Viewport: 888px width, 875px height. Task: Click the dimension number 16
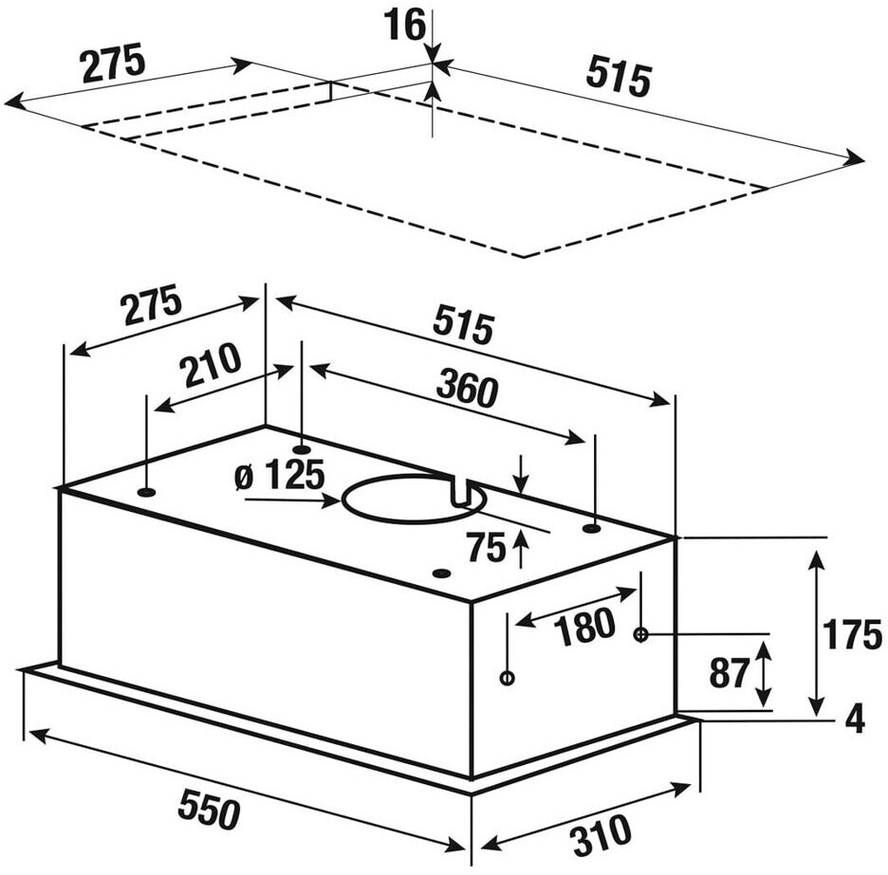(x=406, y=25)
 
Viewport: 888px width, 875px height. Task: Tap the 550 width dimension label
(x=210, y=809)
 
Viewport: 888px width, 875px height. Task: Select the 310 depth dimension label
(x=601, y=830)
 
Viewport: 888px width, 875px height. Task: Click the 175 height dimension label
(x=851, y=635)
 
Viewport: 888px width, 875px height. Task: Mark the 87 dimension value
(x=730, y=672)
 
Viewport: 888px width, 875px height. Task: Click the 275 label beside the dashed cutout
(x=113, y=64)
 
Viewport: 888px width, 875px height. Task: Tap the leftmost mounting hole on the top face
(x=146, y=492)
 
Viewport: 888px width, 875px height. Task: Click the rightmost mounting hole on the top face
(x=591, y=528)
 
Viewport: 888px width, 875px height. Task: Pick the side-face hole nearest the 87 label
(x=641, y=634)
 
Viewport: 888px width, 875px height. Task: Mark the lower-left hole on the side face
(x=508, y=678)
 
